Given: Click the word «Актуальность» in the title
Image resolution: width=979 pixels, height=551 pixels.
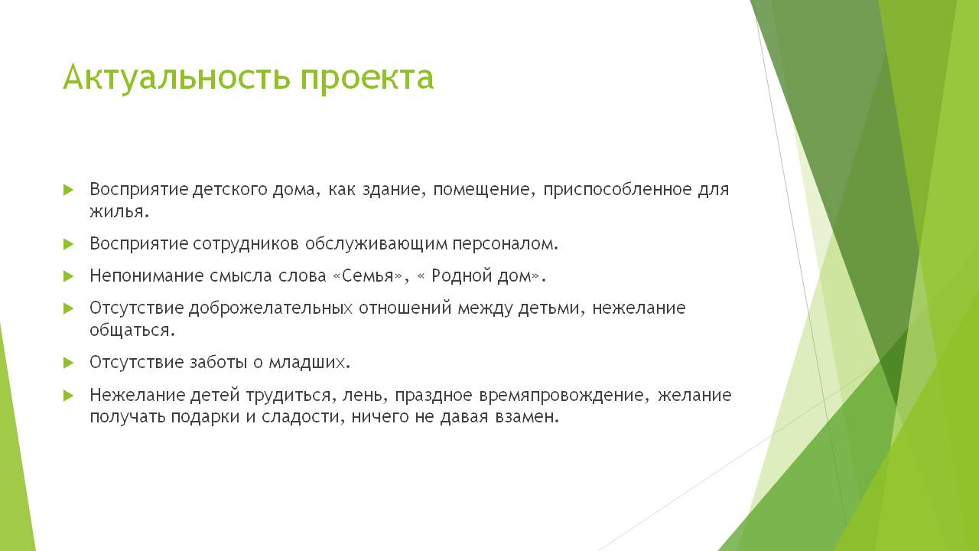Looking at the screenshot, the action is tap(176, 77).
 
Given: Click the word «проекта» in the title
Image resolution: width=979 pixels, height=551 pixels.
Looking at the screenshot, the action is tap(366, 80).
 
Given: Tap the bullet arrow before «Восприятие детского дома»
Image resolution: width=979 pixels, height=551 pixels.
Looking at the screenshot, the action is tap(68, 190).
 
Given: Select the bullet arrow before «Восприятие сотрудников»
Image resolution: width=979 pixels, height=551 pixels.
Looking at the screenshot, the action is tap(68, 244).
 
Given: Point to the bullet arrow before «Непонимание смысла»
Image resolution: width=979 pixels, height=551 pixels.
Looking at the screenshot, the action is tap(68, 276).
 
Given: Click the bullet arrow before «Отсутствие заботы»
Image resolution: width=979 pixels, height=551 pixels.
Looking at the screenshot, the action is tap(68, 363).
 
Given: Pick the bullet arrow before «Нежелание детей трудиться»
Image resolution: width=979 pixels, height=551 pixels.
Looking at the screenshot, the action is tap(68, 396).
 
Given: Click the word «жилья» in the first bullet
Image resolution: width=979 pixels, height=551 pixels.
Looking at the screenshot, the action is tap(116, 212).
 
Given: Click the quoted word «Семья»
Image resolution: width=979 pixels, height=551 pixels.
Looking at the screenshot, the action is tap(368, 276).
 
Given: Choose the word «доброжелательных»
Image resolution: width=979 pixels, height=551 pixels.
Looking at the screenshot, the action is tap(271, 308).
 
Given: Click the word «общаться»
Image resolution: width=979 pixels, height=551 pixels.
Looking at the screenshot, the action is tap(129, 330).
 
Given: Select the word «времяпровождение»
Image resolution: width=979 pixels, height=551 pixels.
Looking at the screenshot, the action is tap(561, 396).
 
